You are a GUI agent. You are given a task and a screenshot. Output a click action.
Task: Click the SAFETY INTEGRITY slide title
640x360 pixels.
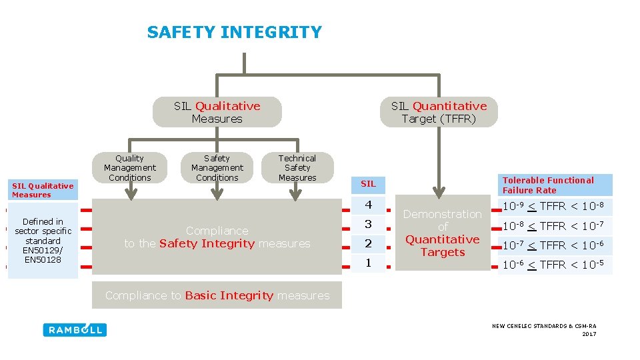pyautogui.click(x=234, y=32)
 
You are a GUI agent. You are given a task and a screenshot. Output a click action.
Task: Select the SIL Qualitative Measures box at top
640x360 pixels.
pyautogui.click(x=217, y=112)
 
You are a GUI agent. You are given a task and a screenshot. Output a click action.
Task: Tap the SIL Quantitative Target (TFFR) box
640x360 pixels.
pyautogui.click(x=439, y=112)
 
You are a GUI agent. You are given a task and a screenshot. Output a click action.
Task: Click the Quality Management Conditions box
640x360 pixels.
pyautogui.click(x=129, y=167)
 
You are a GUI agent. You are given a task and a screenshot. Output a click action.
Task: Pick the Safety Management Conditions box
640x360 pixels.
pyautogui.click(x=217, y=167)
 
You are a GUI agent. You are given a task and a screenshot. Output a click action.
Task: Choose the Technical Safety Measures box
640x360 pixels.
pyautogui.click(x=297, y=167)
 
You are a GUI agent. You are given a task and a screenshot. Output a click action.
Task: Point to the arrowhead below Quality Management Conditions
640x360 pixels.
pyautogui.click(x=131, y=193)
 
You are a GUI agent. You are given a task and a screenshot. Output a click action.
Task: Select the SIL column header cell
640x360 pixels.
pyautogui.click(x=369, y=183)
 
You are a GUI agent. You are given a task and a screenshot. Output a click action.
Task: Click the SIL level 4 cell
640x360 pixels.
pyautogui.click(x=369, y=205)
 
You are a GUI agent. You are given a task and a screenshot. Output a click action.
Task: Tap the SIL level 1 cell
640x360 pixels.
pyautogui.click(x=369, y=263)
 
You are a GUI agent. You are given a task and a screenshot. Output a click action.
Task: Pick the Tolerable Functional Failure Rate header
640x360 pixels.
pyautogui.click(x=555, y=185)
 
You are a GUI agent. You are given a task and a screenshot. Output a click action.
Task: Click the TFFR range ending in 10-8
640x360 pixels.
pyautogui.click(x=555, y=206)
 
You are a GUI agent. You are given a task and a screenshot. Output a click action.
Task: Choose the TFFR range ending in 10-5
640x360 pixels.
pyautogui.click(x=555, y=265)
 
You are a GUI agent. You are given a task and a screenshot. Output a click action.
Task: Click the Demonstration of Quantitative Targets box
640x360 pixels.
pyautogui.click(x=443, y=233)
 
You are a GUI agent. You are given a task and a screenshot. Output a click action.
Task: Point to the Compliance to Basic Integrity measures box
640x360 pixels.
pyautogui.click(x=217, y=295)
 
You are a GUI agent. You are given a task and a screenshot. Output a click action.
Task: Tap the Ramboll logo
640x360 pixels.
pyautogui.click(x=75, y=329)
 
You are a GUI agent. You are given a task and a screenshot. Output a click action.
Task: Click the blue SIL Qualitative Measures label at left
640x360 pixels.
pyautogui.click(x=42, y=190)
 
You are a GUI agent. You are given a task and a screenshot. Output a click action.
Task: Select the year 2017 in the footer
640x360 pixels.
pyautogui.click(x=589, y=334)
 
